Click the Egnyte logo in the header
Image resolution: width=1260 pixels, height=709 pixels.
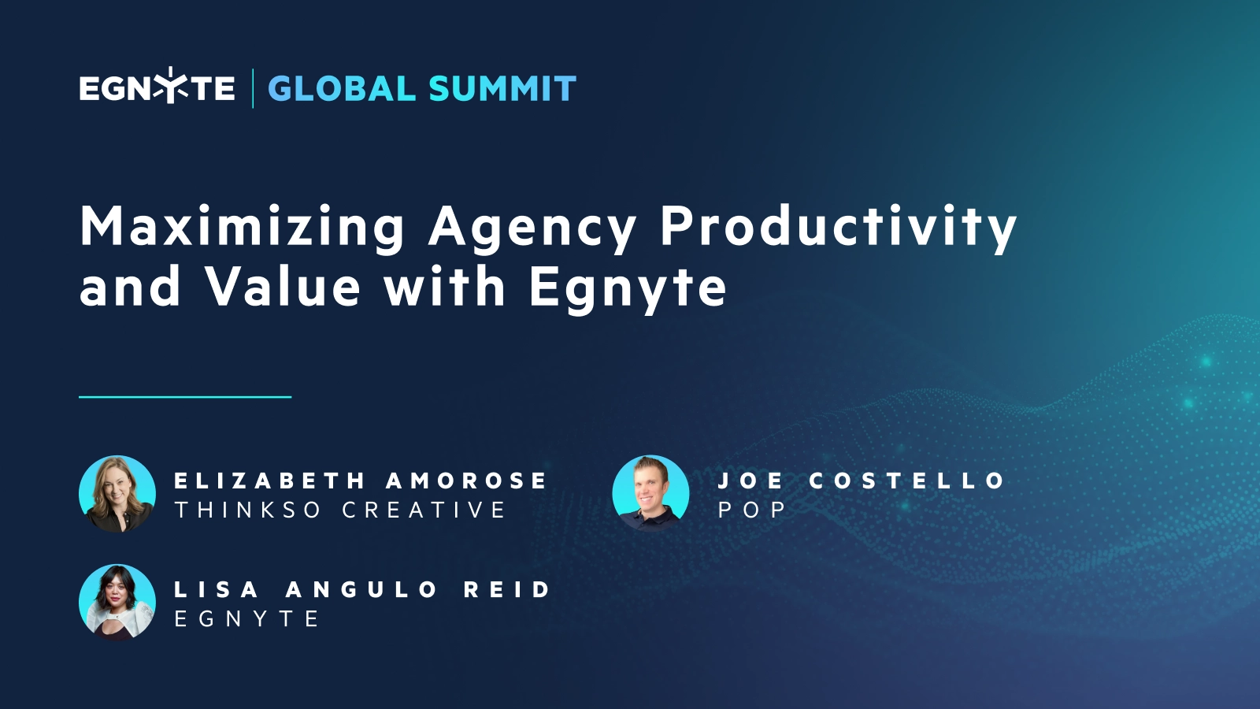157,87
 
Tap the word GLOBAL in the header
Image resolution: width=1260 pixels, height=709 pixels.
342,89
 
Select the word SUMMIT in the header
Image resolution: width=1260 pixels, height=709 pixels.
502,89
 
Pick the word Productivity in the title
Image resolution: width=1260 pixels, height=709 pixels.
839,228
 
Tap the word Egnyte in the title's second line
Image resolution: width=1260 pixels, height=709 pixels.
628,289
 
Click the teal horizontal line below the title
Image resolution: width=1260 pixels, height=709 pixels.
185,397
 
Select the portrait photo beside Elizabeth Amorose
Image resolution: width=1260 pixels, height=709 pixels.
117,494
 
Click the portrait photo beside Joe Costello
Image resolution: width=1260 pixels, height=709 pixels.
650,494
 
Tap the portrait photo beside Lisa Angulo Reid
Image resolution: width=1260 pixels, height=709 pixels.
117,602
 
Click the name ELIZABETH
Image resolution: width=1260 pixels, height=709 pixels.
270,481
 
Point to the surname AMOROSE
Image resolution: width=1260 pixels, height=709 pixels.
466,481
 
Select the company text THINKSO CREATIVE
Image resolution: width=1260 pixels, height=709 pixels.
340,510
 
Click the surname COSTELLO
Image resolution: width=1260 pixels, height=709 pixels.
907,481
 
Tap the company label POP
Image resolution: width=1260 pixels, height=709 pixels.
752,510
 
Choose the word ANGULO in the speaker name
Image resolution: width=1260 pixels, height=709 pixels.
361,589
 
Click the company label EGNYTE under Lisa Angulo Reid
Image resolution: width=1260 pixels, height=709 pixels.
246,619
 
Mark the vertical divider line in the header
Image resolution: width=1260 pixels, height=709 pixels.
253,88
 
